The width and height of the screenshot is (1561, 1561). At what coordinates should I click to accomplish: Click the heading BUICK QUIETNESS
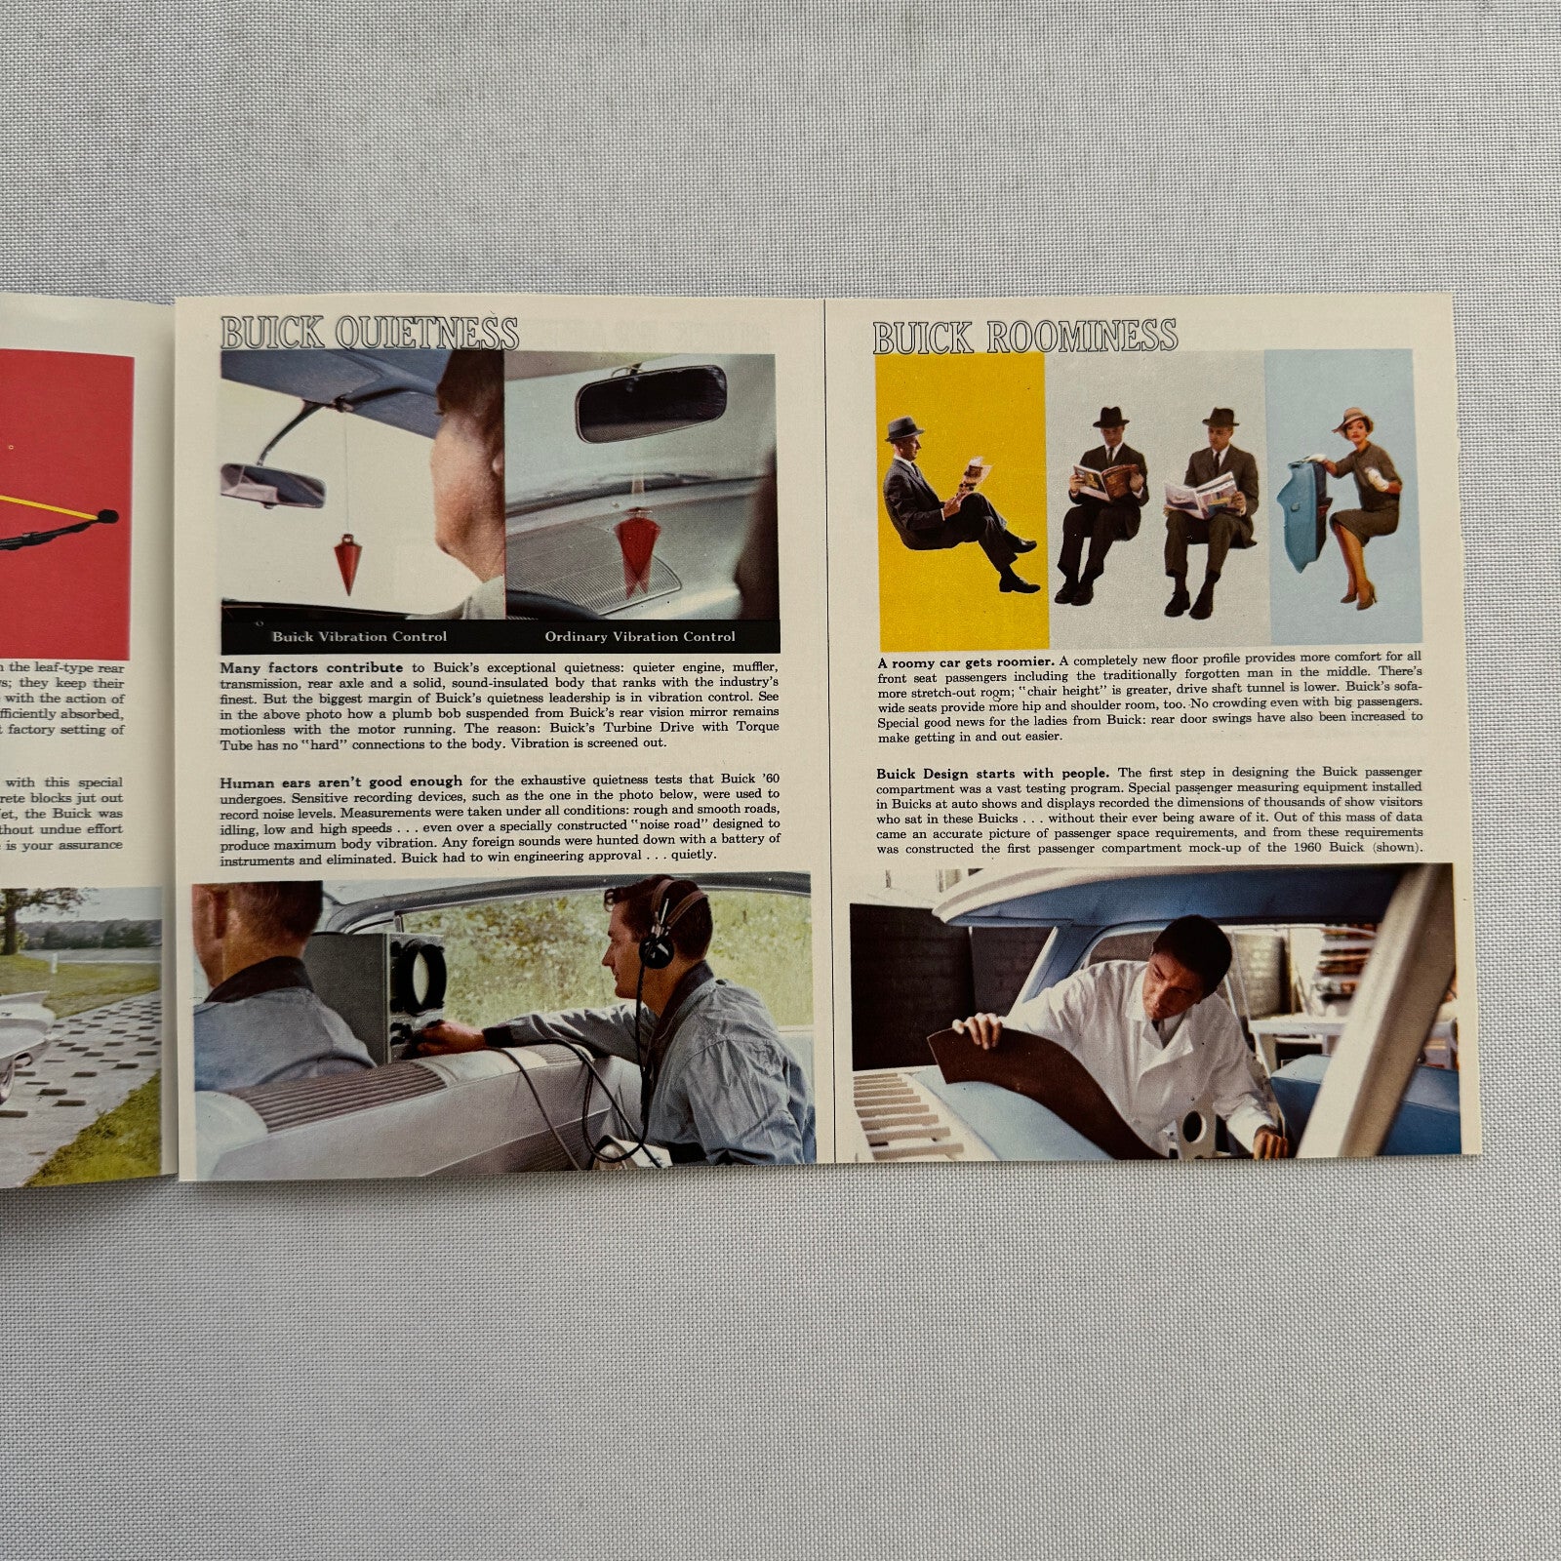coord(369,334)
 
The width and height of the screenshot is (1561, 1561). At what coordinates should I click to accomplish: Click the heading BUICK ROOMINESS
coord(1024,337)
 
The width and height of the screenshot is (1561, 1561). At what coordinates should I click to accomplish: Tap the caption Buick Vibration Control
coord(359,637)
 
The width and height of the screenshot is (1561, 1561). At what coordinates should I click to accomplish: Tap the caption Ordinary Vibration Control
coord(640,637)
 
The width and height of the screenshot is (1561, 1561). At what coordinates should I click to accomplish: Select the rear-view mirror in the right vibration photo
coord(651,403)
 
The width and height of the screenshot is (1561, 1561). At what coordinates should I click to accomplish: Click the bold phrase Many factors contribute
coord(311,668)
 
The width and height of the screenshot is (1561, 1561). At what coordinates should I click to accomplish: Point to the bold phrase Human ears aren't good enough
coord(340,782)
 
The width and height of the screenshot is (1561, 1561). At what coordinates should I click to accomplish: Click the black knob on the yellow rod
coord(107,516)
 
